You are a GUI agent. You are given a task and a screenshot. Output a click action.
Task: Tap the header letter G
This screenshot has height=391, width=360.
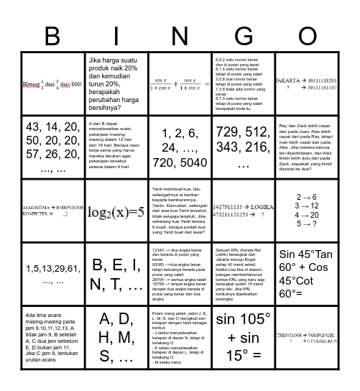tap(244, 35)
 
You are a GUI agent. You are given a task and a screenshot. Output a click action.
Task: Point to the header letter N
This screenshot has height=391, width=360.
tap(180, 35)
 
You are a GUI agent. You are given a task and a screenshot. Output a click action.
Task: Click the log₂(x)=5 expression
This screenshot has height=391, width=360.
tap(116, 212)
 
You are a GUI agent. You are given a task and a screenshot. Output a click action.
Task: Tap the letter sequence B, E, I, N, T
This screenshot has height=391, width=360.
tap(116, 275)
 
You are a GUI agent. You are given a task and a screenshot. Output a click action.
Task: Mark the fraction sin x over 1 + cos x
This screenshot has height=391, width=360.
tap(159, 86)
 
